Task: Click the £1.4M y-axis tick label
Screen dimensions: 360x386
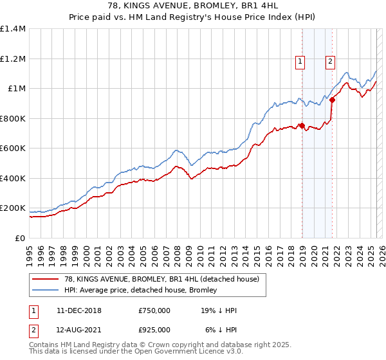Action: tap(14, 29)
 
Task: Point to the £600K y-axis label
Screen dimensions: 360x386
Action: tap(14, 148)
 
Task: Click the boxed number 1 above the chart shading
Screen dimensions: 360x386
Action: tap(300, 62)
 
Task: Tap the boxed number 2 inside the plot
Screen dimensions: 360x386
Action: tap(330, 62)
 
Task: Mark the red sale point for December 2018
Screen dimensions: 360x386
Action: tap(302, 126)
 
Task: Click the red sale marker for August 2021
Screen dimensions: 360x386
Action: tap(332, 100)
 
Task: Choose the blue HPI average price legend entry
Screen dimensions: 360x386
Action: tap(154, 289)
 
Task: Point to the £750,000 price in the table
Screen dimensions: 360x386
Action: tap(154, 310)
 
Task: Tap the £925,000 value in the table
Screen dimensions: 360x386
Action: tap(154, 329)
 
